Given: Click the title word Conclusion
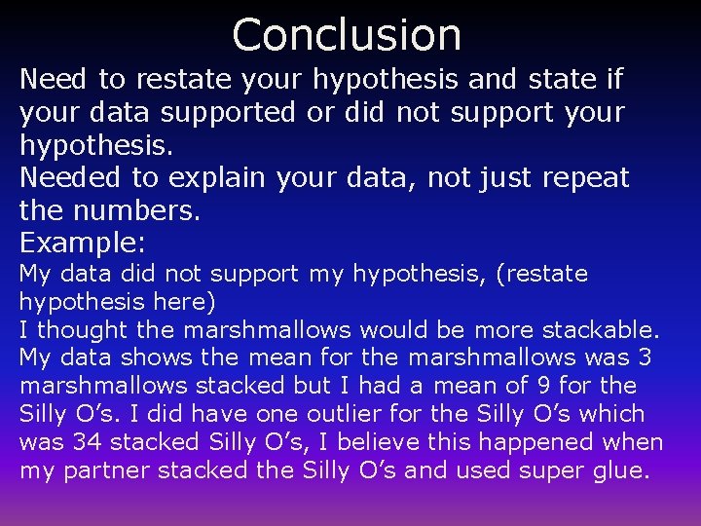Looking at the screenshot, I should click(x=347, y=34).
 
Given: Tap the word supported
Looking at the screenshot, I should click(x=227, y=113).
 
